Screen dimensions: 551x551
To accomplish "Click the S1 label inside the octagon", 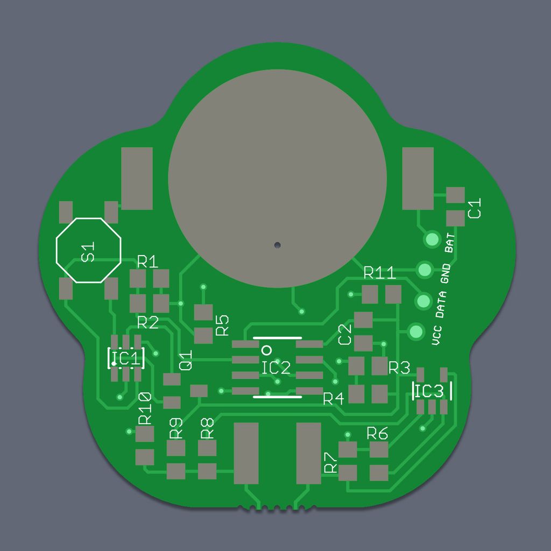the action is [x=88, y=252].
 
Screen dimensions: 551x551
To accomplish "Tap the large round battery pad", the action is [x=277, y=179].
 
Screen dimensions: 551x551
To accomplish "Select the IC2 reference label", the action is [x=276, y=368].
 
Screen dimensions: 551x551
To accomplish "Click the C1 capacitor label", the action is [x=475, y=208].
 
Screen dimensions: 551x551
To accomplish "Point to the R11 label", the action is [x=379, y=273].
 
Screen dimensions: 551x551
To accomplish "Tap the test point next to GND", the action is [x=425, y=270].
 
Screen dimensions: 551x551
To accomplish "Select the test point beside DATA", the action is [x=423, y=301].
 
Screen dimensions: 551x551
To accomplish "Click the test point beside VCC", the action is [x=416, y=331].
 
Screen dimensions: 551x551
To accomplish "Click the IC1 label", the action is [x=126, y=358].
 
